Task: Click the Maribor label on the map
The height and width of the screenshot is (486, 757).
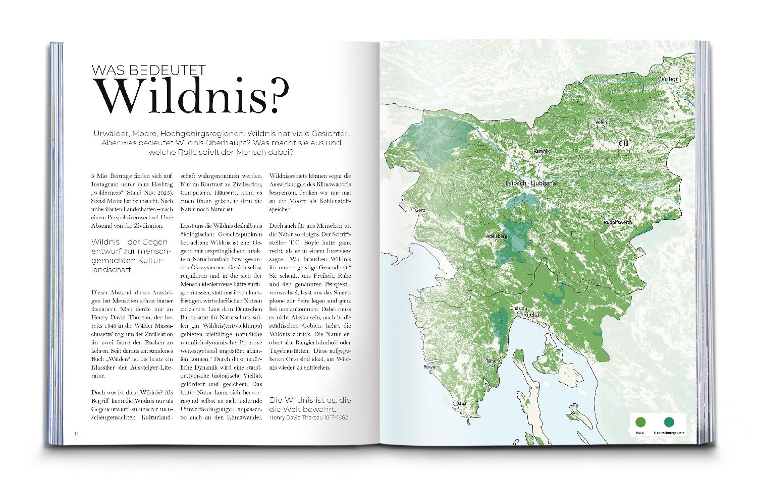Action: (x=667, y=80)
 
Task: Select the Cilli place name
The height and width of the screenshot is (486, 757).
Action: (x=624, y=144)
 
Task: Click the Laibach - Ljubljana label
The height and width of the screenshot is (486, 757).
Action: (x=530, y=183)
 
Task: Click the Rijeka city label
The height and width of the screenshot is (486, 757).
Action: (x=531, y=315)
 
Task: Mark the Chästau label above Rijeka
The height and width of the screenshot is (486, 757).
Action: (x=519, y=308)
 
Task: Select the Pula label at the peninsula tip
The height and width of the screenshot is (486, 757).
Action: (x=460, y=403)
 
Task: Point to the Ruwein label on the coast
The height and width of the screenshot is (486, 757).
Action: (x=418, y=367)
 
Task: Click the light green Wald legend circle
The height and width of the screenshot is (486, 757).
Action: (x=640, y=422)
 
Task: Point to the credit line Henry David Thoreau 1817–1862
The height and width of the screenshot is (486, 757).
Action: (x=309, y=418)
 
